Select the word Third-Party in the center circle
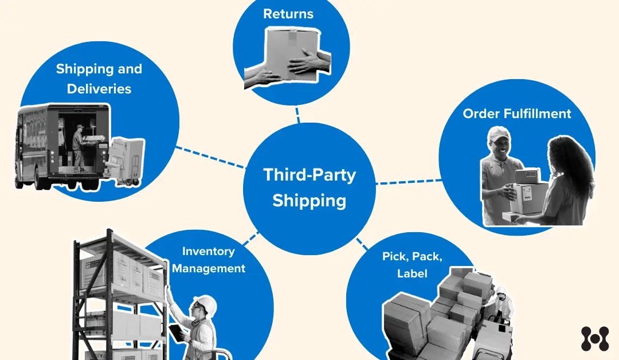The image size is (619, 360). (x=309, y=175)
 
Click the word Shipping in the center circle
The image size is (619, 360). (x=309, y=201)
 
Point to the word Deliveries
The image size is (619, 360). (x=99, y=89)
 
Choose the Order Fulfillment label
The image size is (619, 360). (x=517, y=114)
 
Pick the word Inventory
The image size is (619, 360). (x=208, y=251)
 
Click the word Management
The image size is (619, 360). (x=209, y=268)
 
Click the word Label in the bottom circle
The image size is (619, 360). (x=412, y=273)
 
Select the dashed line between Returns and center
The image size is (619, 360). (x=297, y=114)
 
